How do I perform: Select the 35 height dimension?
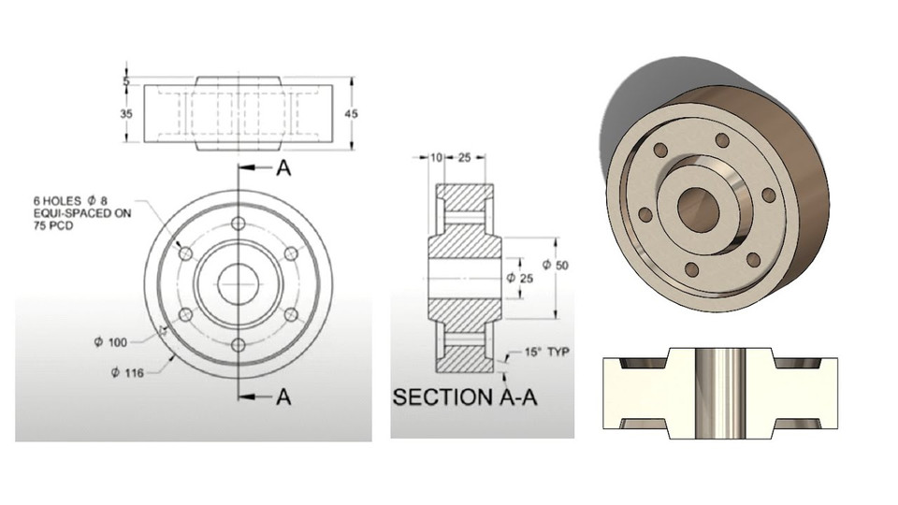(127, 113)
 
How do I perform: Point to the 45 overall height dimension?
(352, 113)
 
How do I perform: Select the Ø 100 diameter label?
(110, 341)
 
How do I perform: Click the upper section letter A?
(283, 168)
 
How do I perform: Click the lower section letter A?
(283, 397)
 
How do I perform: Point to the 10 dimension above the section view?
(435, 157)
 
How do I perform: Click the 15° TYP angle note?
(544, 353)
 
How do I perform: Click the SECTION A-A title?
(465, 397)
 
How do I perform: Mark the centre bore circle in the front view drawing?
(238, 283)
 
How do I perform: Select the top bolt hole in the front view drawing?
(238, 224)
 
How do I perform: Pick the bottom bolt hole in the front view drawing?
(238, 345)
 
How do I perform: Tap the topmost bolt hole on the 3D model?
(721, 140)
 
